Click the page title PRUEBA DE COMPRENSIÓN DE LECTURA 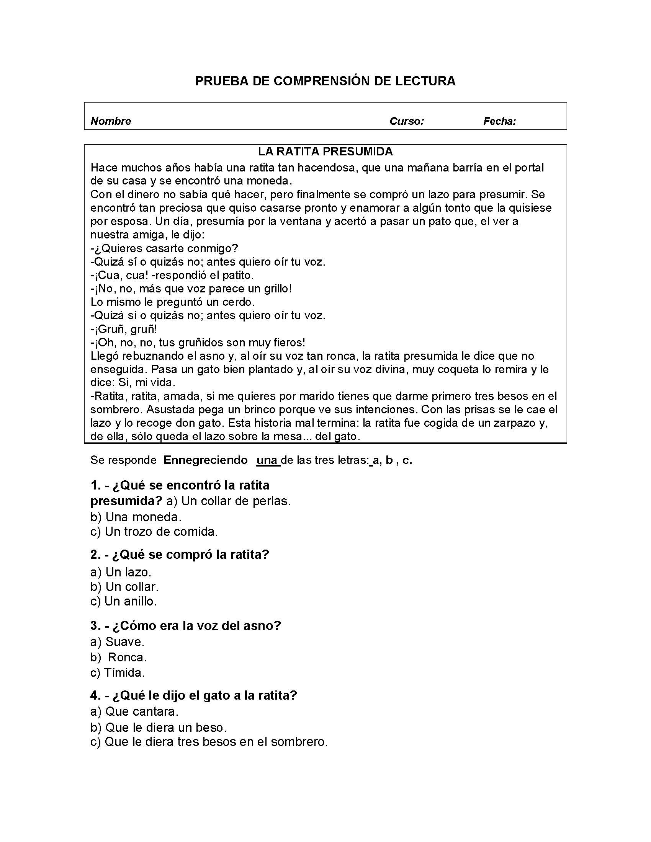click(325, 81)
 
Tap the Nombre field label click(111, 121)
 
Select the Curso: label click(406, 121)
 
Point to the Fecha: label click(499, 121)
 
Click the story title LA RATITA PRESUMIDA click(325, 152)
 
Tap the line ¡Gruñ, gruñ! click(124, 329)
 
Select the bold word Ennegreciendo click(206, 460)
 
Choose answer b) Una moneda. click(136, 517)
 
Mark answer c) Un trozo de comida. click(154, 532)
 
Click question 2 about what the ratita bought click(179, 555)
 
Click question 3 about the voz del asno click(185, 625)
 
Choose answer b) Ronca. click(119, 657)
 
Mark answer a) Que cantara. click(134, 711)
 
